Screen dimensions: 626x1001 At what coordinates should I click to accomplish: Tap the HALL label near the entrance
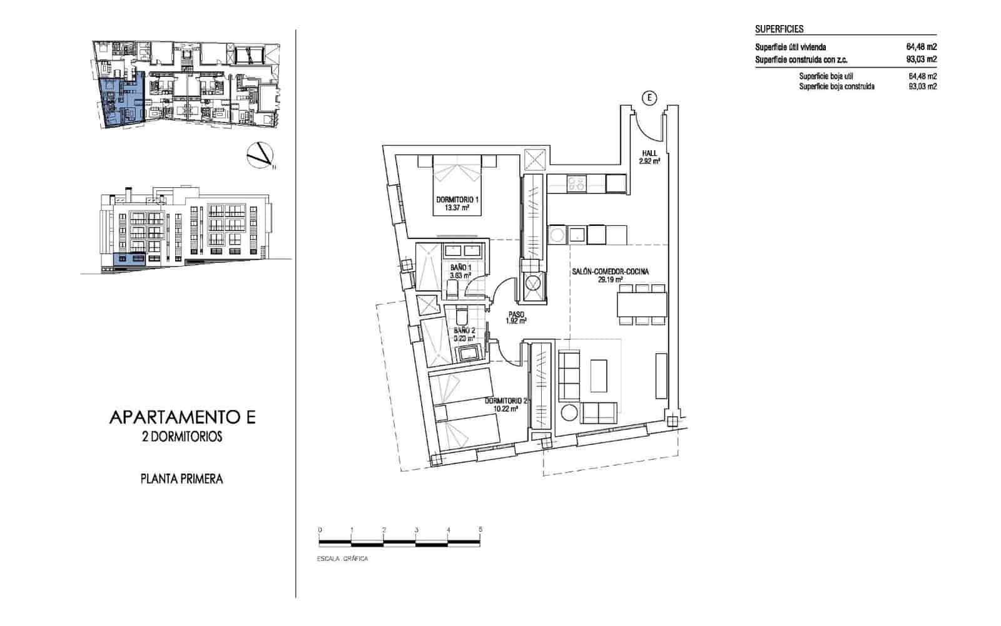tap(649, 153)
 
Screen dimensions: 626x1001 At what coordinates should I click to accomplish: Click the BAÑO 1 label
tap(460, 267)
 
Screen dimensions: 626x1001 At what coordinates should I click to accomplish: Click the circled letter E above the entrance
tap(651, 97)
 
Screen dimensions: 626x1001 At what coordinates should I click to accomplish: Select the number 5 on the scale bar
tap(480, 530)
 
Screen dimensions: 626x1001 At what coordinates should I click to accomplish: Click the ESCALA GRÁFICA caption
tap(343, 558)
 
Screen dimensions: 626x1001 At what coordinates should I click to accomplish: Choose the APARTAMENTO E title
tap(182, 418)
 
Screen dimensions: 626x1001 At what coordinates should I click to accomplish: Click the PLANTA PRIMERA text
tap(181, 479)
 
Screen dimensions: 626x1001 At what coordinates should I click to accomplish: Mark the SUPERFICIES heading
tap(779, 29)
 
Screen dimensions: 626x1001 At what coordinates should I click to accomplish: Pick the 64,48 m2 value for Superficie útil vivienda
tap(921, 47)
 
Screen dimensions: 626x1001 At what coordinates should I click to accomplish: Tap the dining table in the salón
tap(641, 305)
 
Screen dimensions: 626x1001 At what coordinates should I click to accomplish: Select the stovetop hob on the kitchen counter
tap(576, 183)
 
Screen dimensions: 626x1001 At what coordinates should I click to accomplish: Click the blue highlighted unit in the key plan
tap(123, 102)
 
